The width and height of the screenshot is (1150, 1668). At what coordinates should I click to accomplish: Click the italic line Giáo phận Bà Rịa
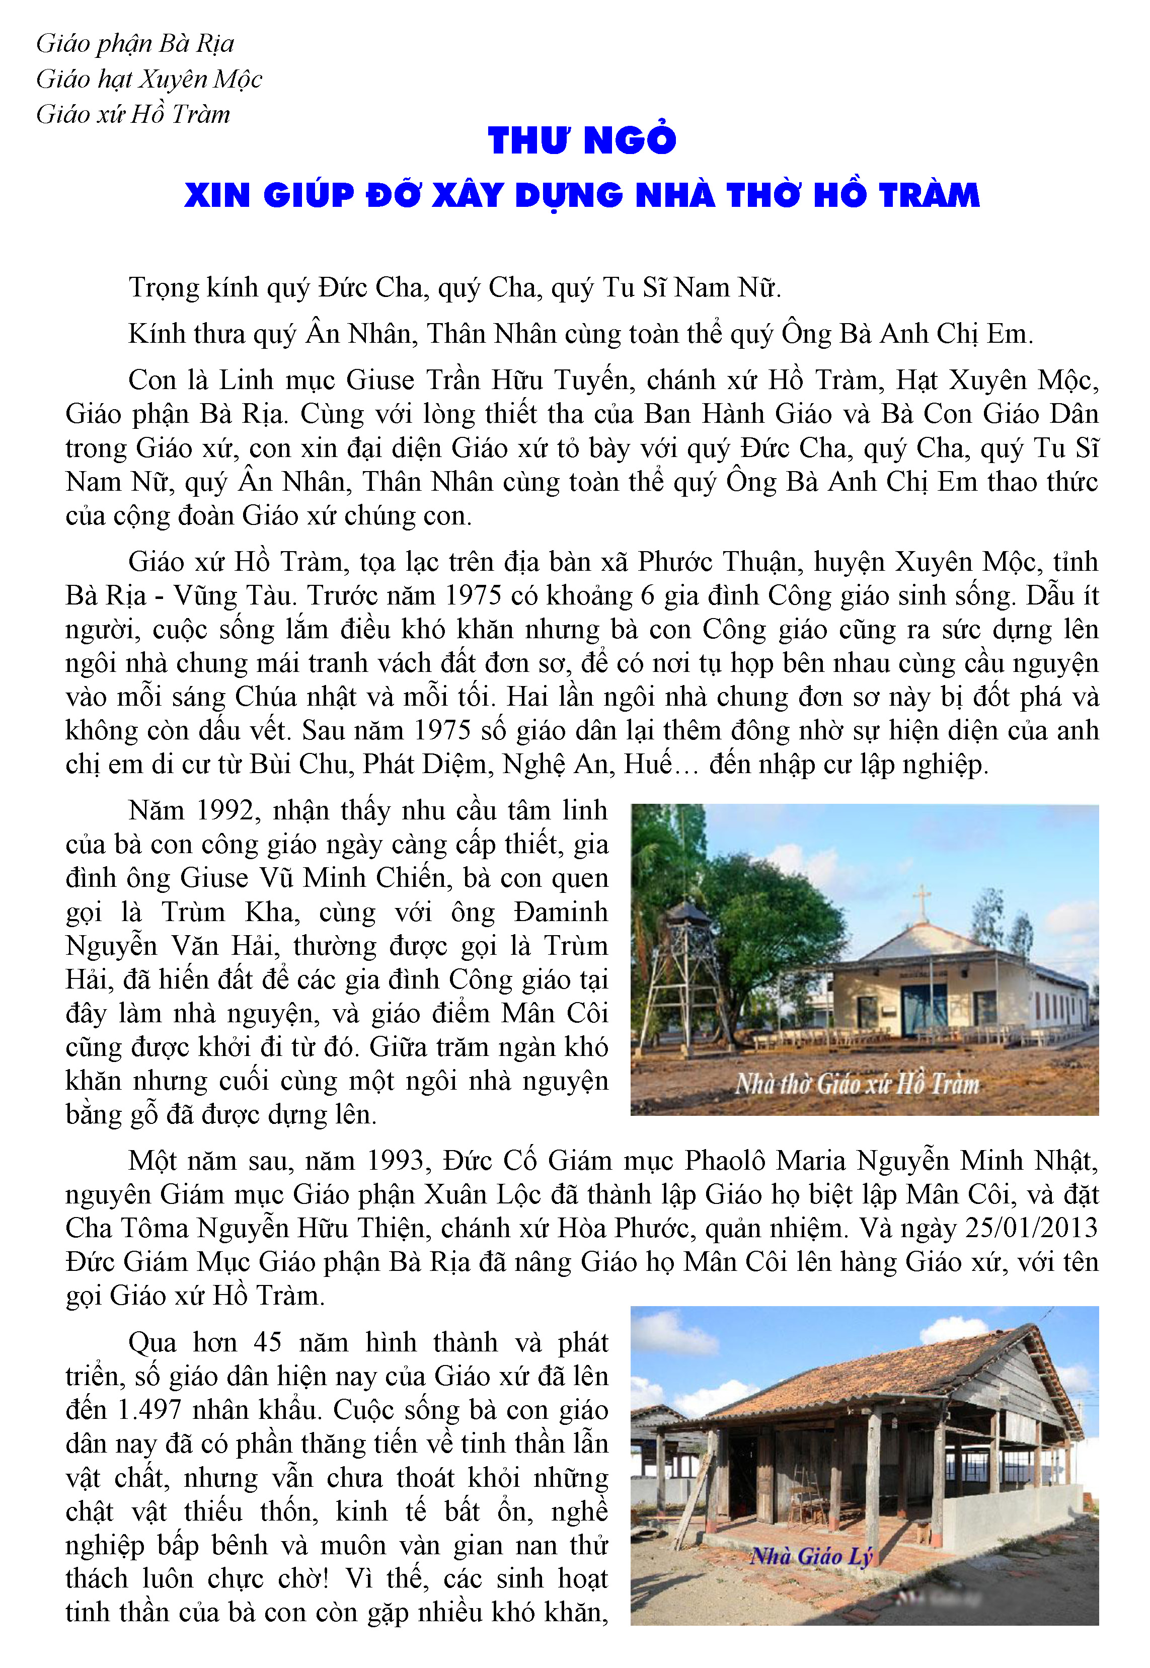point(135,44)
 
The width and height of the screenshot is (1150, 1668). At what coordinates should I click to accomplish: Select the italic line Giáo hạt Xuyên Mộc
point(149,79)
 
